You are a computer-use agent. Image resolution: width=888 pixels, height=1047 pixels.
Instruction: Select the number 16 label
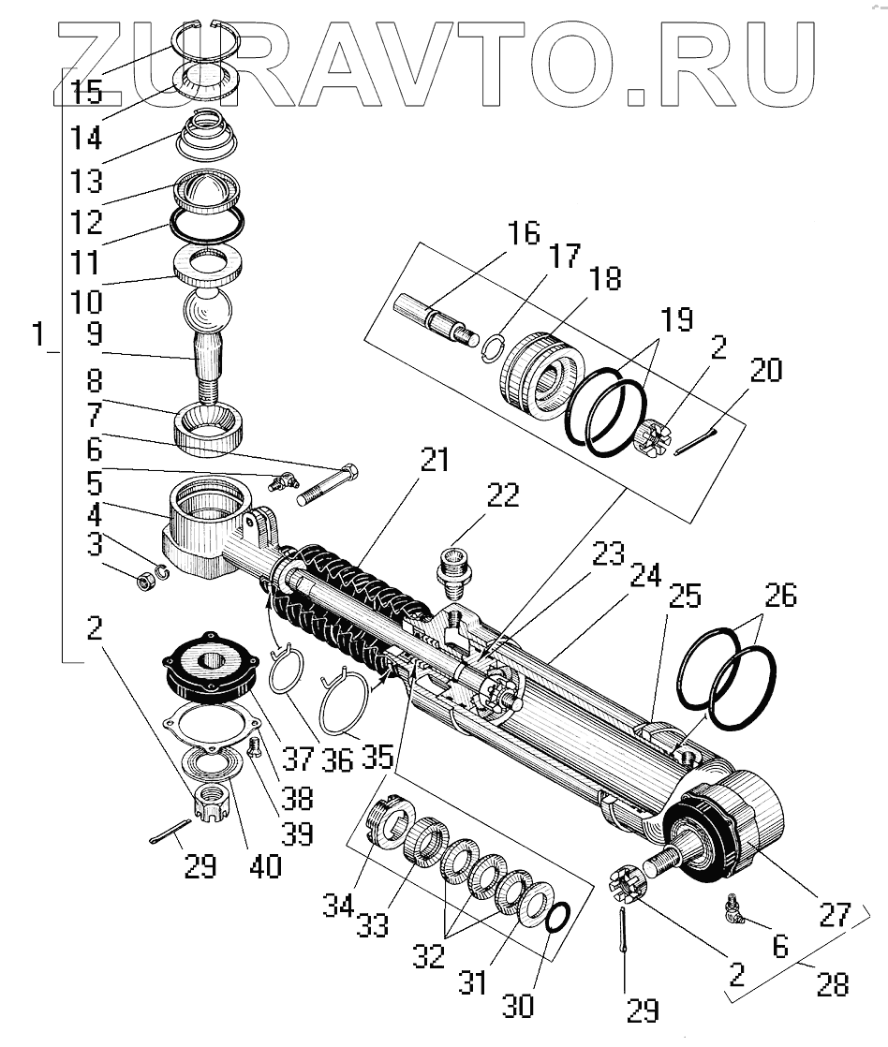tap(525, 233)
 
